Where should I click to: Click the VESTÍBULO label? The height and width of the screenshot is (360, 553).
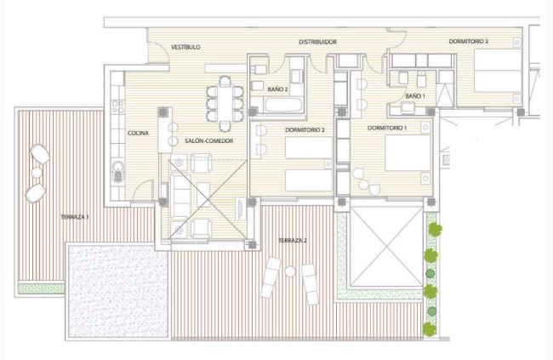(185, 47)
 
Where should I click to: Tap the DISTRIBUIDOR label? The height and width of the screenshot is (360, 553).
(318, 42)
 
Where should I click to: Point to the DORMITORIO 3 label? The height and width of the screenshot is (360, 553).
(469, 42)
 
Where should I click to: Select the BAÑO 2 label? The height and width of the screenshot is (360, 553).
(277, 89)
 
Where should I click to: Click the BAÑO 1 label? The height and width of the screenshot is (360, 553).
(415, 96)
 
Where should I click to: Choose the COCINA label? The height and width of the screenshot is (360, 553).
(138, 133)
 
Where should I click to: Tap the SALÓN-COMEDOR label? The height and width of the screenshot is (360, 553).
(209, 140)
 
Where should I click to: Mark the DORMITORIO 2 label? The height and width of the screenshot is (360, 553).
(305, 130)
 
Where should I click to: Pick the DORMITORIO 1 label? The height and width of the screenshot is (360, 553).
(387, 128)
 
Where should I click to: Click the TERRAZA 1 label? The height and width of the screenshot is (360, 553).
(75, 217)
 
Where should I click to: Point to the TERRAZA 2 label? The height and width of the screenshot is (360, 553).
(293, 241)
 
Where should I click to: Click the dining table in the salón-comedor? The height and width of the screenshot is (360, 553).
(225, 104)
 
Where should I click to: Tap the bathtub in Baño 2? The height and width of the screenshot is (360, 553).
(283, 106)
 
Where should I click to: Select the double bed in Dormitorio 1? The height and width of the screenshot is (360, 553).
(408, 153)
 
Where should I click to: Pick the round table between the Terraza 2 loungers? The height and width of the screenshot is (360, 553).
(290, 271)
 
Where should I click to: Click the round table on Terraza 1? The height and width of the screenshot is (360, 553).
(37, 173)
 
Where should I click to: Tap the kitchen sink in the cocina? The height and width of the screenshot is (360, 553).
(117, 172)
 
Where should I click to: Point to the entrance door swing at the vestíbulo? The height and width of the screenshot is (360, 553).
(159, 53)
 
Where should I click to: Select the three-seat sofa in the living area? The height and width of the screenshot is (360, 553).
(180, 197)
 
